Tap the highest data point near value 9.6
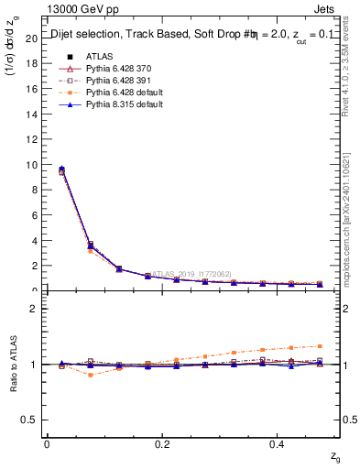[x=62, y=169]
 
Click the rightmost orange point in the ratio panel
[x=320, y=346]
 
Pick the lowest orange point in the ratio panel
[x=90, y=375]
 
